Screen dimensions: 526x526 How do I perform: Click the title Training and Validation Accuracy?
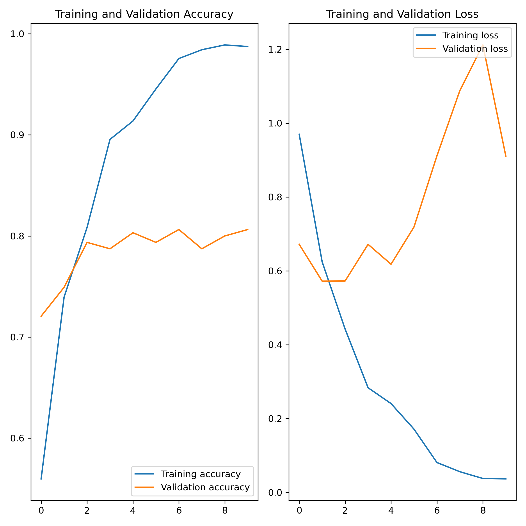[x=144, y=14]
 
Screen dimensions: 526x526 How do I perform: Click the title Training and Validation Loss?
[x=402, y=14]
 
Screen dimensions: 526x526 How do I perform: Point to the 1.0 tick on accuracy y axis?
[x=17, y=34]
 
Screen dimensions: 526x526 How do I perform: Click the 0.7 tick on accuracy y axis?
[x=17, y=337]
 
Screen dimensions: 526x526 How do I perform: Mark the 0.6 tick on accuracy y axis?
[x=17, y=438]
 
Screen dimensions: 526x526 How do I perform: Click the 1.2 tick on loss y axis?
[x=275, y=50]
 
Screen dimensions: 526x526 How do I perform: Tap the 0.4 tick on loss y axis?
[x=275, y=345]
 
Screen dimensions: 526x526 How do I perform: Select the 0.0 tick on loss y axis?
[x=275, y=493]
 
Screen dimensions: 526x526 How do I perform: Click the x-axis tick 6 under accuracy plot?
[x=179, y=510]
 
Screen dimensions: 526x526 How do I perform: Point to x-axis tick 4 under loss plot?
[x=391, y=510]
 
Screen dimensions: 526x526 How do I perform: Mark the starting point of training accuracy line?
[x=41, y=479]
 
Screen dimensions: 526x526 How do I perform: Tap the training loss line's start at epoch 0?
[x=299, y=134]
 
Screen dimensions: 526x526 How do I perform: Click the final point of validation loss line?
[x=506, y=156]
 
